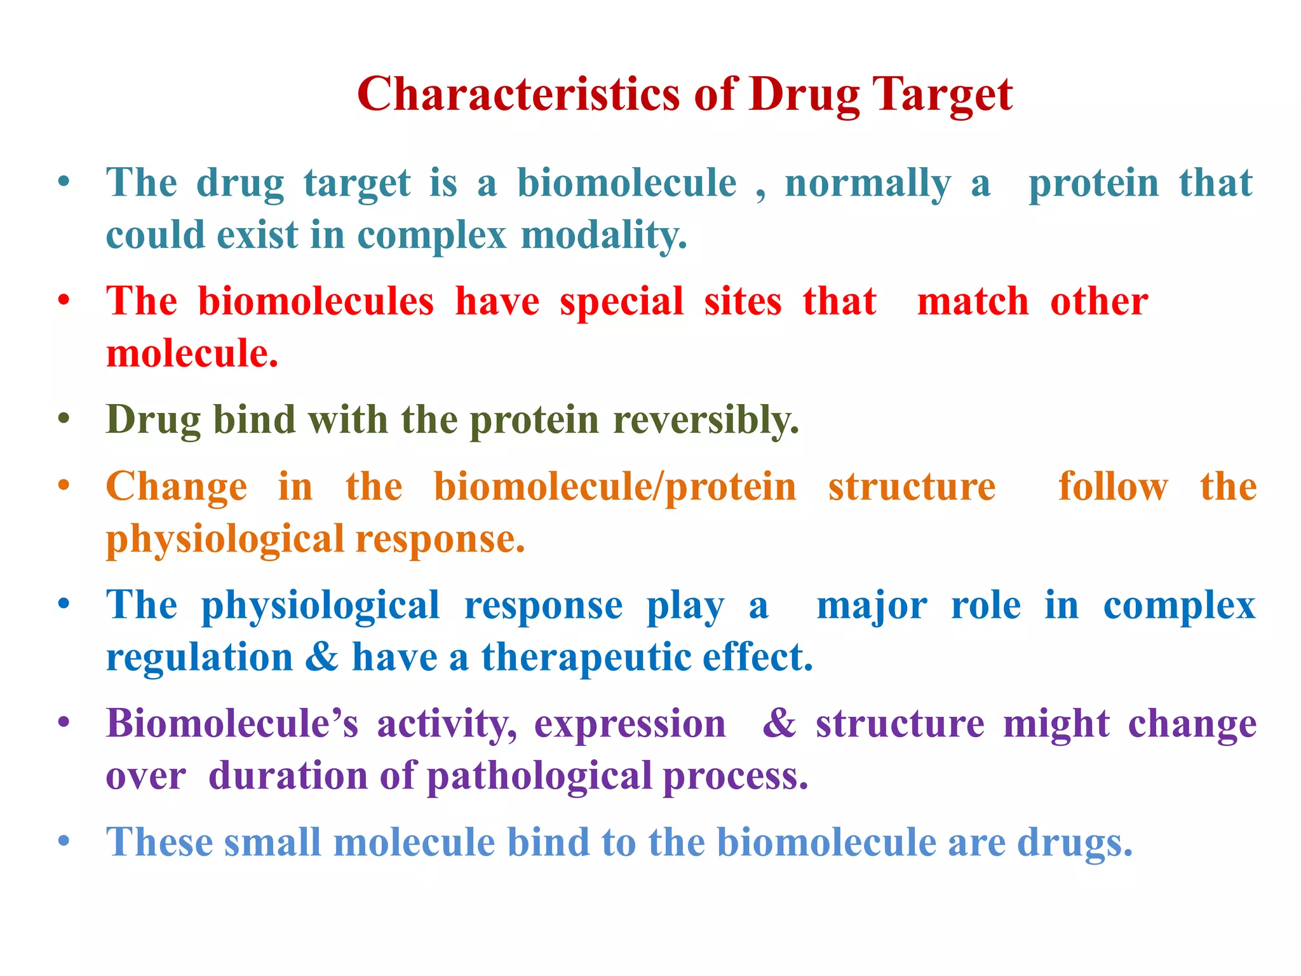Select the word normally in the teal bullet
click(868, 184)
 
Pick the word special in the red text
click(621, 301)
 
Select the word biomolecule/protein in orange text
click(614, 487)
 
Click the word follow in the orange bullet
click(1113, 487)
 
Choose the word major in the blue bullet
click(872, 606)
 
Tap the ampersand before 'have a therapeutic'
click(322, 657)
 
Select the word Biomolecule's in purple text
click(232, 724)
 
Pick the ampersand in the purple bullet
click(779, 724)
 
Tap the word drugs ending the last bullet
click(1074, 844)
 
